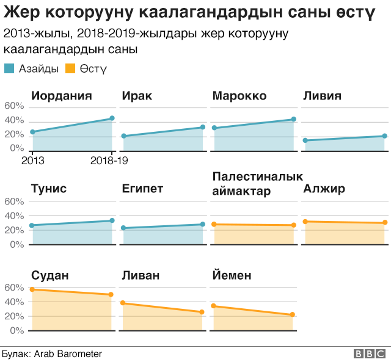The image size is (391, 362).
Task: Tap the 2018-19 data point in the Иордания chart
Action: pyautogui.click(x=112, y=118)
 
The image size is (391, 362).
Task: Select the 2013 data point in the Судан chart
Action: pyautogui.click(x=32, y=289)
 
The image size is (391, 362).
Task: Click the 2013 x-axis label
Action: pyautogui.click(x=32, y=161)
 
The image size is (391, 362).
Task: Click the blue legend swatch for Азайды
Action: pyautogui.click(x=10, y=69)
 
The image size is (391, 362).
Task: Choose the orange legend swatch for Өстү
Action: pyautogui.click(x=71, y=69)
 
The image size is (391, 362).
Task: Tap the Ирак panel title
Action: pyautogui.click(x=137, y=96)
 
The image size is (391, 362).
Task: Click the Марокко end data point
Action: pyautogui.click(x=293, y=120)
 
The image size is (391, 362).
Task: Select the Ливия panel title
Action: pyautogui.click(x=321, y=96)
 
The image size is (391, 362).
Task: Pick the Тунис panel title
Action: pyautogui.click(x=49, y=189)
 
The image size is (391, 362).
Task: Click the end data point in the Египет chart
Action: pyautogui.click(x=202, y=225)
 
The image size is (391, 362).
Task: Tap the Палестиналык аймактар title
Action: pyautogui.click(x=257, y=184)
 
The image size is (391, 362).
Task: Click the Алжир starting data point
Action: pyautogui.click(x=305, y=222)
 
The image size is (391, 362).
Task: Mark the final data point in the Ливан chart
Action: pyautogui.click(x=202, y=312)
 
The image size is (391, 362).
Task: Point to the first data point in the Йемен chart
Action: pyautogui.click(x=213, y=306)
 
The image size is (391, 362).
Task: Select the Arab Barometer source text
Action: pyautogui.click(x=67, y=354)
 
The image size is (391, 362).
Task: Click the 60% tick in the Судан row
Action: pyautogui.click(x=13, y=287)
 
